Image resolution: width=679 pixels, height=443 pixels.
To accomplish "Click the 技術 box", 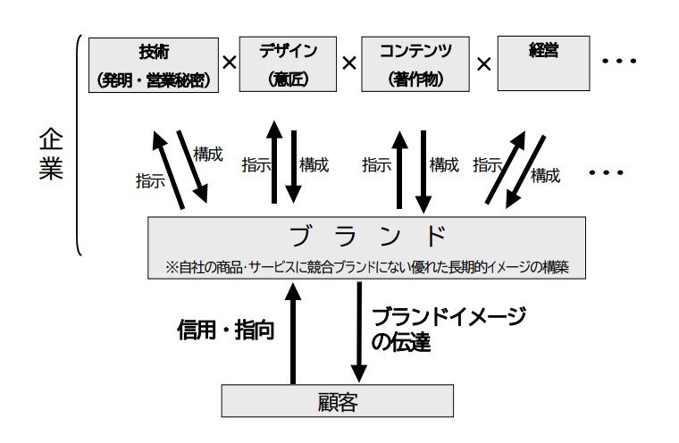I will point(155,63).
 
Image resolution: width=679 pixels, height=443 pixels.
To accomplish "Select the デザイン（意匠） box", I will point(288,63).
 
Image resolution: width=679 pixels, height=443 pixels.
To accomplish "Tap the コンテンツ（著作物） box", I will point(414,63).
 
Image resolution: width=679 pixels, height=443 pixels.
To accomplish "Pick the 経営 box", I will point(542,63).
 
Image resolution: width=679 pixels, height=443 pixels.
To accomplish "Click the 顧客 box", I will point(337,400).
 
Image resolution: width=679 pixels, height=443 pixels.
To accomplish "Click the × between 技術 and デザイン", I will point(230,63).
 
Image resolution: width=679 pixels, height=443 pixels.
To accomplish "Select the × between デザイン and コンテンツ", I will point(348,63).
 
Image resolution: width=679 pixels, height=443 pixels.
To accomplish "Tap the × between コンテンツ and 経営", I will point(483,63).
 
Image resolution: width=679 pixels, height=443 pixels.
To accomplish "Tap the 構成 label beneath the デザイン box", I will point(314,165).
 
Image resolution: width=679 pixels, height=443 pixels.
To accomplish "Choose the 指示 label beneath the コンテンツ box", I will point(376,165).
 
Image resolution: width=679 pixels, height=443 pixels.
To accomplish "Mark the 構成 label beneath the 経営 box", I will point(545,176).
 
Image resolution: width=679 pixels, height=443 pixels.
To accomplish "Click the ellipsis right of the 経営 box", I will point(618,62).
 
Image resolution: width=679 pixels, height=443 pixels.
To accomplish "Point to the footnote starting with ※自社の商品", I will point(367,265).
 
